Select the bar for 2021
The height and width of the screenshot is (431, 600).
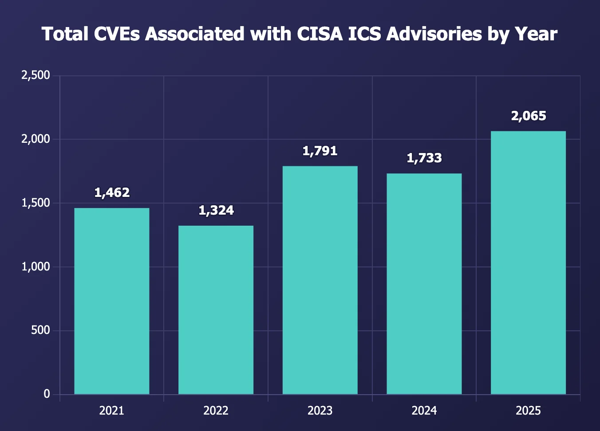pyautogui.click(x=111, y=301)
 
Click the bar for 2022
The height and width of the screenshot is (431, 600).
pyautogui.click(x=216, y=310)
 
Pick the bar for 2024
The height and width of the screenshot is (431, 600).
pyautogui.click(x=424, y=284)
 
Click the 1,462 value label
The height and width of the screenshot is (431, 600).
pyautogui.click(x=112, y=192)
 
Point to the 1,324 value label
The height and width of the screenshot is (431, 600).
pyautogui.click(x=216, y=210)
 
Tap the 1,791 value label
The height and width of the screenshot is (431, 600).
pyautogui.click(x=320, y=151)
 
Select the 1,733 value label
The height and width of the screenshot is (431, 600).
pyautogui.click(x=424, y=158)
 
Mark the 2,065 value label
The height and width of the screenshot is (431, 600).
pyautogui.click(x=529, y=116)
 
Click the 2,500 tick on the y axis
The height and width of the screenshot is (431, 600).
pyautogui.click(x=36, y=75)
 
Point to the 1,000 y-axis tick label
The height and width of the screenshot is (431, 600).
pyautogui.click(x=36, y=266)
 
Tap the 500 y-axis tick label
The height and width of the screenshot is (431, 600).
pyautogui.click(x=40, y=330)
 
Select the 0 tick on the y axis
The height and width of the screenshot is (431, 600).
pyautogui.click(x=47, y=394)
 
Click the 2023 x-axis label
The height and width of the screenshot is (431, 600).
pyautogui.click(x=320, y=411)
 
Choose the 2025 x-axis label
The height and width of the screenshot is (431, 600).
pyautogui.click(x=528, y=411)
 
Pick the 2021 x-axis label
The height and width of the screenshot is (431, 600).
pyautogui.click(x=111, y=411)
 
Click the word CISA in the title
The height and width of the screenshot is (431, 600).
pyautogui.click(x=320, y=34)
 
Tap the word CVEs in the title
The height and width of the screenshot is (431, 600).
pyautogui.click(x=118, y=34)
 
